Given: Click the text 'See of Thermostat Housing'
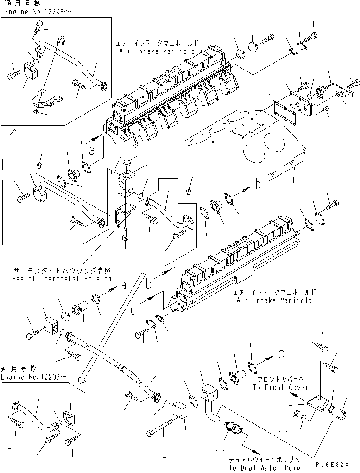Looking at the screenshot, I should click(62, 279).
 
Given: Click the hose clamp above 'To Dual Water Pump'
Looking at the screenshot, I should click(231, 427).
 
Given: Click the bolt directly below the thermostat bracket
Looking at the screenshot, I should click(125, 240).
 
